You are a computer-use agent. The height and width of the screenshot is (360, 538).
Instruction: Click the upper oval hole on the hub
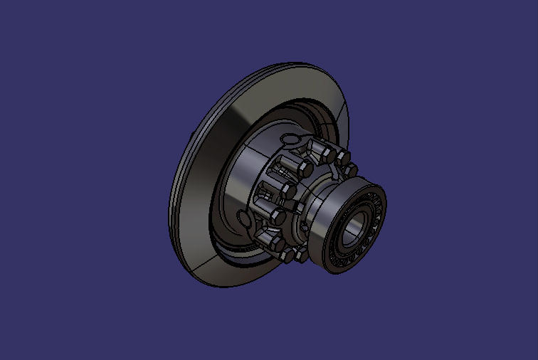[x=290, y=137]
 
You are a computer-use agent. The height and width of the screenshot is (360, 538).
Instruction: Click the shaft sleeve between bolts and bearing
[x=324, y=199]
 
